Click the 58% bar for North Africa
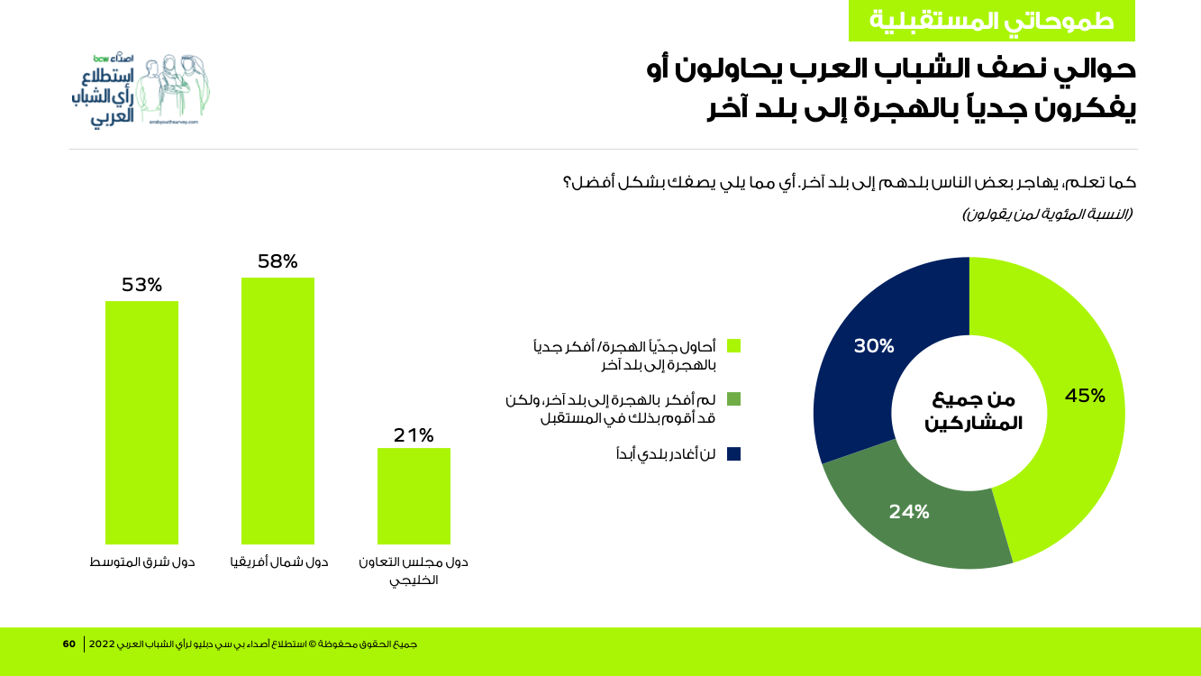click(x=278, y=410)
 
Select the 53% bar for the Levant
click(x=141, y=422)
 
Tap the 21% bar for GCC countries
click(x=414, y=496)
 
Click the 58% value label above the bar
click(x=278, y=261)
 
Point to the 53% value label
click(x=141, y=285)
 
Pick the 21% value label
click(x=414, y=435)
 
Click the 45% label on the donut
click(x=1085, y=396)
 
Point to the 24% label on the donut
click(x=908, y=512)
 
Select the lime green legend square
click(x=733, y=345)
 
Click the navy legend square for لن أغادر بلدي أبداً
click(x=733, y=453)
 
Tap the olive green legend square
click(x=733, y=398)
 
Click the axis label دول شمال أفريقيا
click(x=279, y=562)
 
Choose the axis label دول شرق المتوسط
click(x=142, y=562)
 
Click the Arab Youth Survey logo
click(x=140, y=90)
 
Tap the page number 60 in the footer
click(x=69, y=644)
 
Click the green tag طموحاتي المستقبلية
click(x=991, y=21)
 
